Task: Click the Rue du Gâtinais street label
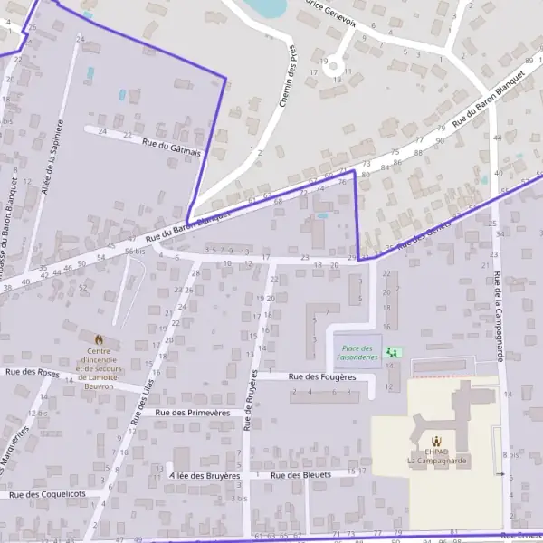pos(171,146)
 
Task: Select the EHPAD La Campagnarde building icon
pos(436,441)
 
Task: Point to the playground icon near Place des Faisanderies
pos(392,351)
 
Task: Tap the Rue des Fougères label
pos(320,376)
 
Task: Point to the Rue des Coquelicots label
pos(47,494)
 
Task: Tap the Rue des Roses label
pos(32,372)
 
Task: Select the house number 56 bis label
pos(135,251)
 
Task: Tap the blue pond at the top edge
pos(268,7)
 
